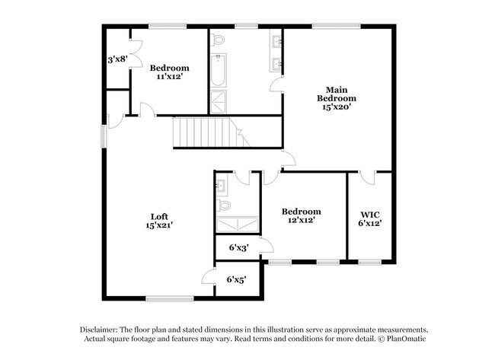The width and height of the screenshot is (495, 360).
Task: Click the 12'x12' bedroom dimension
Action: pyautogui.click(x=301, y=221)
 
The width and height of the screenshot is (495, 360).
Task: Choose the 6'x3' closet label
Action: pyautogui.click(x=239, y=247)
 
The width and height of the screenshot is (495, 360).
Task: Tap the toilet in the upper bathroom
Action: pyautogui.click(x=218, y=40)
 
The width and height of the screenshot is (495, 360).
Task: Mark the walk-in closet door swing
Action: pyautogui.click(x=366, y=178)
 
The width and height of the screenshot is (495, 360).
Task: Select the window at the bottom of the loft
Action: pyautogui.click(x=169, y=298)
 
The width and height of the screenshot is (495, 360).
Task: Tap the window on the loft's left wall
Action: pyautogui.click(x=104, y=134)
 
